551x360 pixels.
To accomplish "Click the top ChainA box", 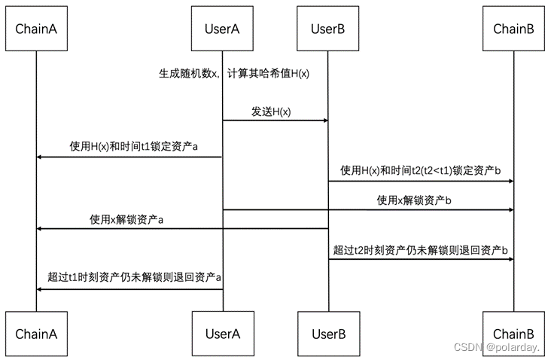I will pyautogui.click(x=36, y=29).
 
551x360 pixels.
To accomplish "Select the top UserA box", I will pyautogui.click(x=222, y=29).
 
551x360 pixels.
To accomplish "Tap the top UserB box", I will pyautogui.click(x=327, y=29).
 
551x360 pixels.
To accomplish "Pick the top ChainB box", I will pyautogui.click(x=513, y=29).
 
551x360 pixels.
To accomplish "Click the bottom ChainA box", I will pyautogui.click(x=36, y=332).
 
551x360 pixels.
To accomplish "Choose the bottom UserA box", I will pyautogui.click(x=222, y=332).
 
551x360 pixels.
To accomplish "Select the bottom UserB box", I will pyautogui.click(x=327, y=332).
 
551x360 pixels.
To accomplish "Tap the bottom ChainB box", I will pyautogui.click(x=513, y=332).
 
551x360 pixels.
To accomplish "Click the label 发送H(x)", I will pyautogui.click(x=271, y=111).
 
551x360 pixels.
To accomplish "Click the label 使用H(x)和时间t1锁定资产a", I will pyautogui.click(x=134, y=147).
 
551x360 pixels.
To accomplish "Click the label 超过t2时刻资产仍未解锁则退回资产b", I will pyautogui.click(x=420, y=249).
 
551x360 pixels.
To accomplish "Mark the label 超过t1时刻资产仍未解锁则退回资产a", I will pyautogui.click(x=134, y=278).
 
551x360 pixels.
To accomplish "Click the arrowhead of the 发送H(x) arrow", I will pyautogui.click(x=324, y=121).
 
